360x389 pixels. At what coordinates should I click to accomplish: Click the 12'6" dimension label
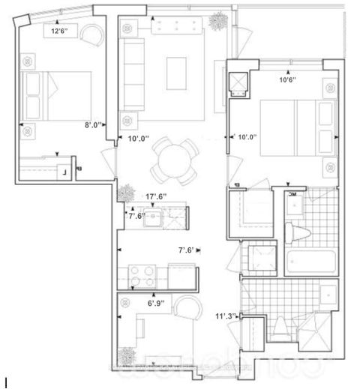pos(61,31)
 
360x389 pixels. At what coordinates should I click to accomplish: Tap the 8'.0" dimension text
pos(92,126)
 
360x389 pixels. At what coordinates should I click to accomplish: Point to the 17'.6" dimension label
pos(155,196)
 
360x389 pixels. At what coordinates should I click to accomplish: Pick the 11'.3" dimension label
pos(225,316)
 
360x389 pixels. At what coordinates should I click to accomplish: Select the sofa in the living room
pos(135,73)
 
